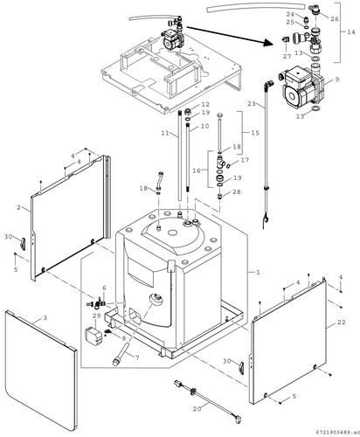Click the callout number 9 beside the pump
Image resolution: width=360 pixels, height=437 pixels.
point(336,79)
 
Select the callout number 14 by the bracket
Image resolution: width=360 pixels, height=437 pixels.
point(351,31)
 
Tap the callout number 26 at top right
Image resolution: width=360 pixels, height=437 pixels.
point(335,19)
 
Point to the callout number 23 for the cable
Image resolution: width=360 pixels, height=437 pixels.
point(252,103)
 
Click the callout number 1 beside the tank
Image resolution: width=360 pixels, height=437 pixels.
point(258,272)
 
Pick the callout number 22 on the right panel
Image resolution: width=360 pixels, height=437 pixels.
point(341,322)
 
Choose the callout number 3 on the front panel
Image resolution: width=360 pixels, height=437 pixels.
point(45,317)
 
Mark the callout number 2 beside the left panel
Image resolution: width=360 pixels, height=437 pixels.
point(19,207)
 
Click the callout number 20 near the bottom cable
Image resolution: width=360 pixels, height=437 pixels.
point(197,409)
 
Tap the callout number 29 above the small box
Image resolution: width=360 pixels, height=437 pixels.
point(96,316)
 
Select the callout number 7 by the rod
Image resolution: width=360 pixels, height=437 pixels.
point(137,357)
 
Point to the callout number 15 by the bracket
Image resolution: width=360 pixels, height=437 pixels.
point(255,133)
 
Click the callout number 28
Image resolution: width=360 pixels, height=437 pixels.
point(237,192)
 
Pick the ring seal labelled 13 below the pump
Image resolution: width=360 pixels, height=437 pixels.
point(315,109)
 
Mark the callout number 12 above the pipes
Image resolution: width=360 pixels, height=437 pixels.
point(205,104)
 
